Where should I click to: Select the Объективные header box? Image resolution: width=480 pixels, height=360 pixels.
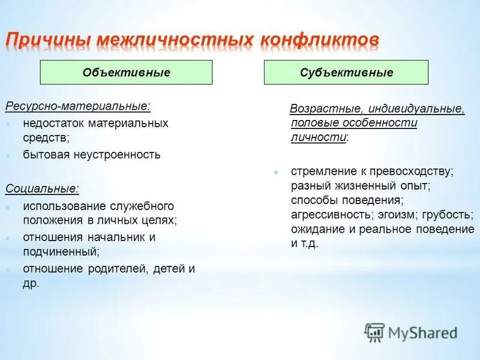[126, 73]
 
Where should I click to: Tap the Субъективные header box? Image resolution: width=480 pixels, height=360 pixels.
[346, 73]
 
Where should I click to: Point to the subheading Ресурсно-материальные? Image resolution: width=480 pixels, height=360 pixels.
[78, 106]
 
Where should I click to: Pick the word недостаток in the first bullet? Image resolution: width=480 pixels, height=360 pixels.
[54, 123]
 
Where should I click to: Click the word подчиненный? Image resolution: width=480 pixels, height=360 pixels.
[61, 252]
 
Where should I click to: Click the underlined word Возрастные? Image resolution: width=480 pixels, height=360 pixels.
[325, 110]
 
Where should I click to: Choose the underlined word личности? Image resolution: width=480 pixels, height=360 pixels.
[318, 137]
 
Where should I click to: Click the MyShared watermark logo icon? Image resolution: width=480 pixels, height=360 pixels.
[374, 332]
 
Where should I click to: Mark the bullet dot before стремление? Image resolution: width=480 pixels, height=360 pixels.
[275, 172]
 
